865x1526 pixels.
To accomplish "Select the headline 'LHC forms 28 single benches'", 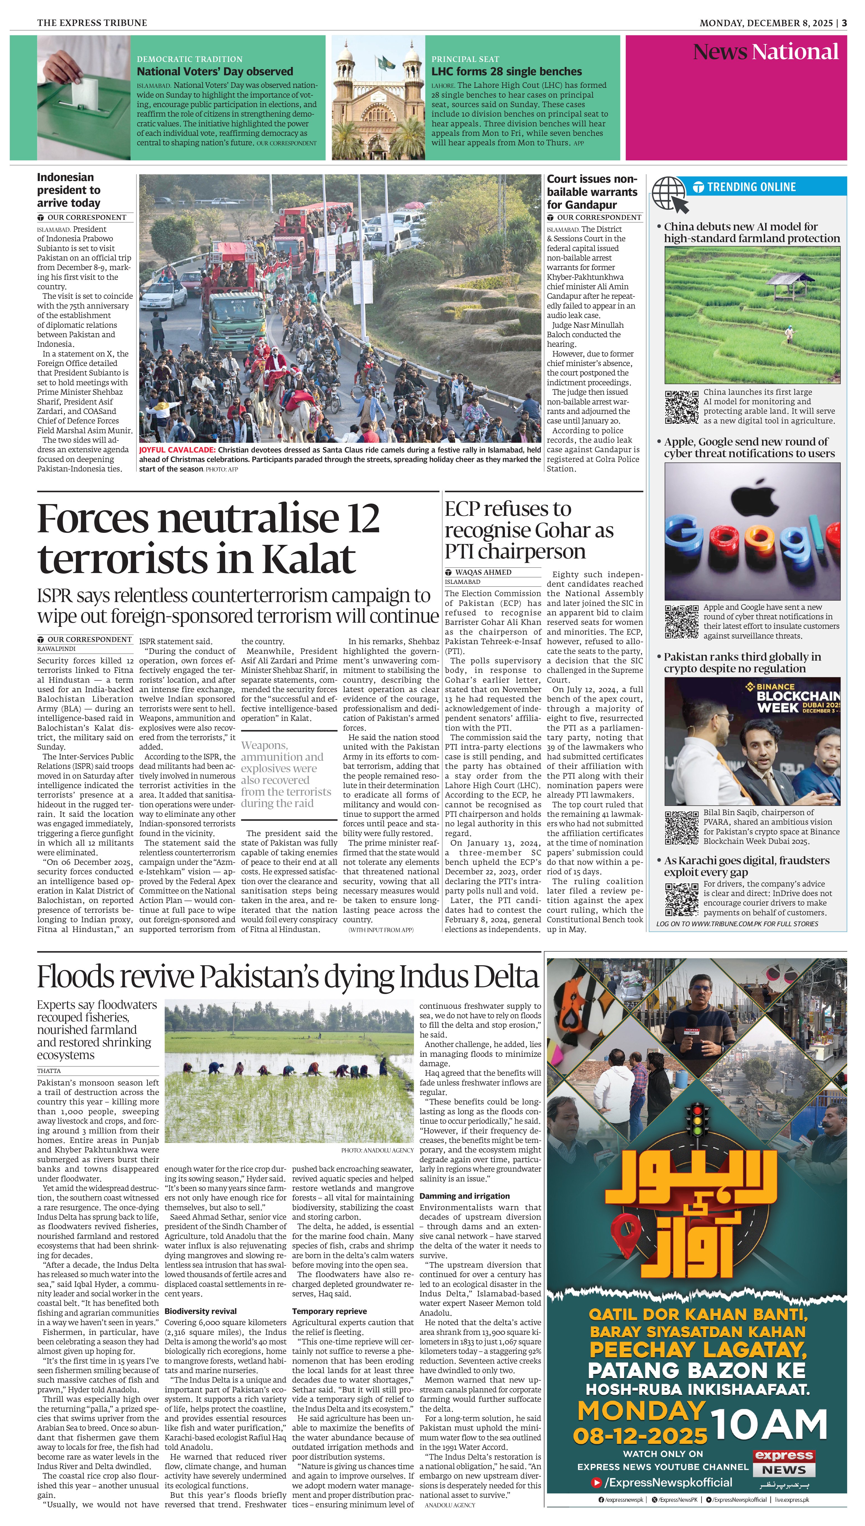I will tap(506, 71).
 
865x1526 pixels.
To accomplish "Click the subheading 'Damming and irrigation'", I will tap(465, 1196).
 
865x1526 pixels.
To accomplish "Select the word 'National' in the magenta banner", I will tap(795, 52).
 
